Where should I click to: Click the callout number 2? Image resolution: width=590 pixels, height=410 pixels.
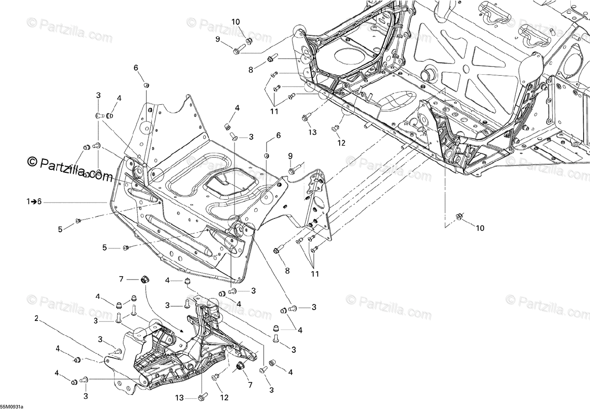pyautogui.click(x=37, y=318)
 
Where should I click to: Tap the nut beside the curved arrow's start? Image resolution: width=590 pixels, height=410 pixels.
pyautogui.click(x=145, y=280)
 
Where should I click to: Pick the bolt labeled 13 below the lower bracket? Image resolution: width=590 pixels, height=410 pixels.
pyautogui.click(x=203, y=395)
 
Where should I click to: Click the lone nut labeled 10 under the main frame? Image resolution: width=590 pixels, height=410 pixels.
pyautogui.click(x=460, y=217)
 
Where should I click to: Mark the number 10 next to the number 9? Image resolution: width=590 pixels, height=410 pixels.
pyautogui.click(x=236, y=22)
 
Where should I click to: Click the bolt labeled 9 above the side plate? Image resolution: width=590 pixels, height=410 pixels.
pyautogui.click(x=292, y=170)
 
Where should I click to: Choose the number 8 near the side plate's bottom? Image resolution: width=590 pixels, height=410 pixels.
pyautogui.click(x=287, y=270)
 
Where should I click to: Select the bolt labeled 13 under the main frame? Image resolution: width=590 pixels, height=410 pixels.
pyautogui.click(x=305, y=118)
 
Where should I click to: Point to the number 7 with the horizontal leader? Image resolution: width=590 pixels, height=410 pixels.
pyautogui.click(x=121, y=280)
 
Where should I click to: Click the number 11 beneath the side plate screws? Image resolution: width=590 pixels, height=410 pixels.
pyautogui.click(x=315, y=274)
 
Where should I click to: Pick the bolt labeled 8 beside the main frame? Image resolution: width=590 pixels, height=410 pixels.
pyautogui.click(x=270, y=60)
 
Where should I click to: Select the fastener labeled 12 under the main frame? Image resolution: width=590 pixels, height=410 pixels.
pyautogui.click(x=336, y=128)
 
